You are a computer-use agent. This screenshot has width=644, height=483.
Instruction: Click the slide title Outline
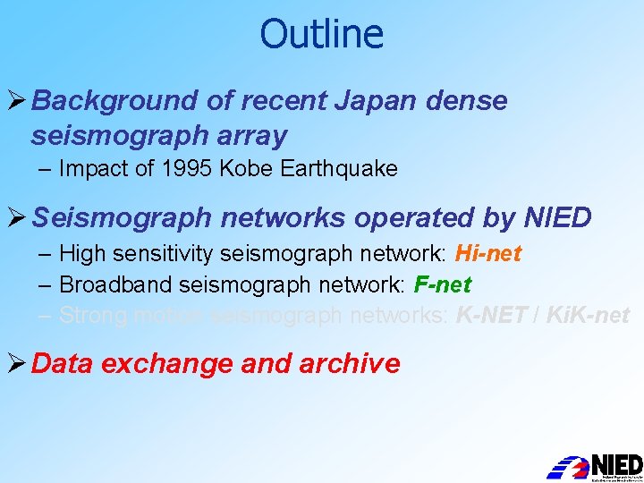pyautogui.click(x=321, y=34)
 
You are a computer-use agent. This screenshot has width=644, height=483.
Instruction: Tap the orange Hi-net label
pyautogui.click(x=487, y=254)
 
